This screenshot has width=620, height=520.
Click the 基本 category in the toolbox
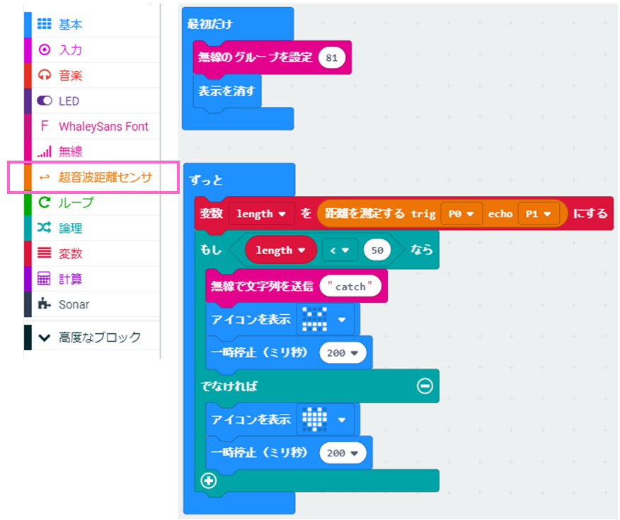(70, 24)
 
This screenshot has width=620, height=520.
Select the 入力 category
(70, 50)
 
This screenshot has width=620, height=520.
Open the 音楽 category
(70, 75)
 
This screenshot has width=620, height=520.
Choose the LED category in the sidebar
(69, 101)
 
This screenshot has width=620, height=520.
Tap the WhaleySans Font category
(103, 127)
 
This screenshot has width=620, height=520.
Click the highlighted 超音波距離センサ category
(105, 177)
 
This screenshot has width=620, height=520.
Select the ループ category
(76, 202)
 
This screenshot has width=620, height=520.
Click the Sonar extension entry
(74, 304)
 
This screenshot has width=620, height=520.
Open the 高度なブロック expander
(99, 337)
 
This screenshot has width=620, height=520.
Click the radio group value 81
(332, 57)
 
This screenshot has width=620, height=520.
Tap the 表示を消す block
(226, 91)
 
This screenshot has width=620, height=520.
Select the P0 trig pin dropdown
(461, 213)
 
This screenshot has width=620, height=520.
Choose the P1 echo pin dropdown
(538, 213)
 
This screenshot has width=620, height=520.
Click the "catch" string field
(350, 286)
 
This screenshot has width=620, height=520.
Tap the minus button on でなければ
(425, 386)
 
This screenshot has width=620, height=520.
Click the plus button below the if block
(209, 480)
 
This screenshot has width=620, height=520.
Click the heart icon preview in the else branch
(314, 418)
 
